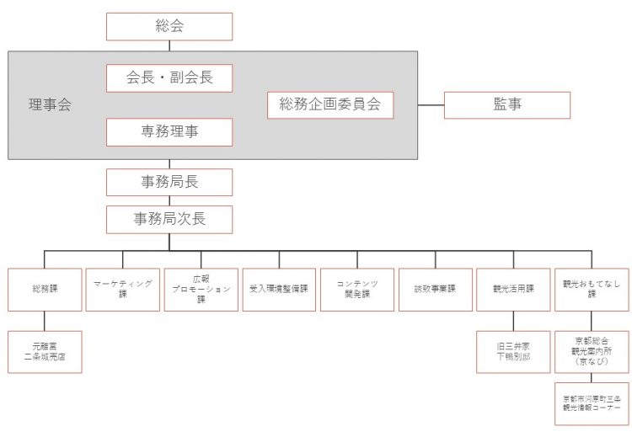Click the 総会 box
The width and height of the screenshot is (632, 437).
click(x=169, y=26)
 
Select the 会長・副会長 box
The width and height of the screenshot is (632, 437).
click(x=169, y=78)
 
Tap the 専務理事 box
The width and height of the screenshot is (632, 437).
click(x=169, y=131)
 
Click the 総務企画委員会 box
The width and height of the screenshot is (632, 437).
click(x=330, y=104)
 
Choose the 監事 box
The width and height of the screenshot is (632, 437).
click(x=506, y=104)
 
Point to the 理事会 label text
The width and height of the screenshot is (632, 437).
click(x=50, y=105)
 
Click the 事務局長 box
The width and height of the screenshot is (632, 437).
click(x=169, y=181)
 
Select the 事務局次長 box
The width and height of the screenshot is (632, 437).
click(x=169, y=219)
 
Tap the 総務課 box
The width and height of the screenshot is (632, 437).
click(x=45, y=289)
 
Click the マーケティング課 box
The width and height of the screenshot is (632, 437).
click(x=123, y=289)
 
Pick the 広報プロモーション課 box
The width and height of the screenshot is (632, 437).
click(x=201, y=289)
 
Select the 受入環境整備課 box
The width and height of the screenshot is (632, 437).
click(x=279, y=289)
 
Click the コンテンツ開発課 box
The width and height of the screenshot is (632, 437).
click(x=357, y=289)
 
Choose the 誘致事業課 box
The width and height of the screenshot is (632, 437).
click(x=435, y=289)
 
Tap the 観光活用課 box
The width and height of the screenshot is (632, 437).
click(x=513, y=289)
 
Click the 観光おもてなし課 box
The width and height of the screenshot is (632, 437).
click(x=592, y=289)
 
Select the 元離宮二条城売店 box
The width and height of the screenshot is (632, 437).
click(x=45, y=351)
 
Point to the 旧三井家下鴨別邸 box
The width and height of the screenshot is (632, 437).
click(x=513, y=351)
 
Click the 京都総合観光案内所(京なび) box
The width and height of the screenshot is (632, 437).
click(x=592, y=351)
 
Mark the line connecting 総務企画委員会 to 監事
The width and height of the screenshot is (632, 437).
click(x=419, y=104)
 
